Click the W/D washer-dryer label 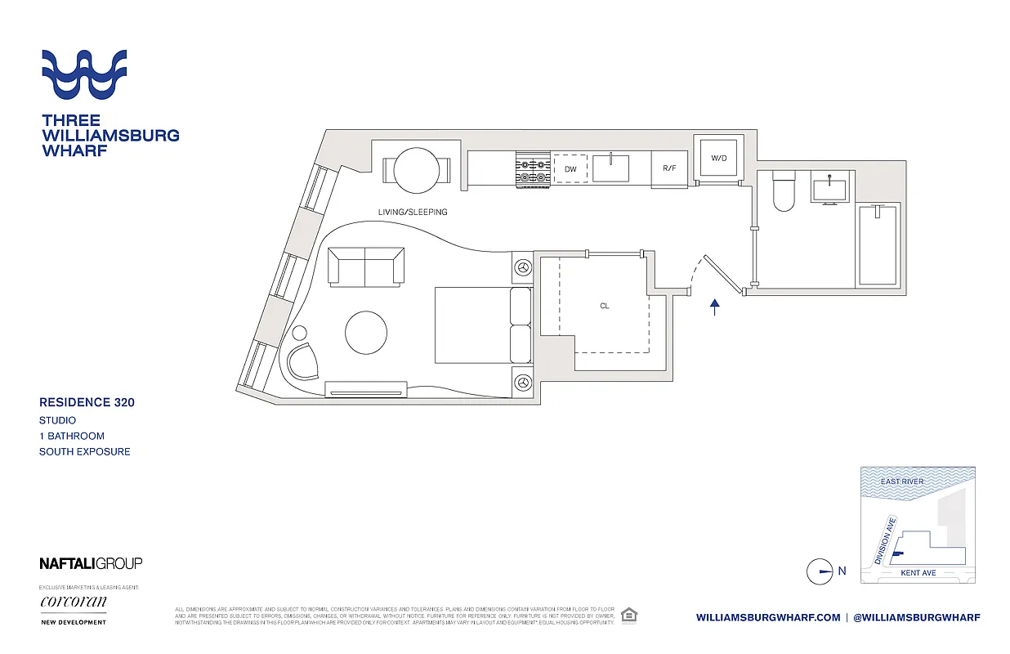(719, 158)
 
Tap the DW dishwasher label (570, 169)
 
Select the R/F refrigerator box (669, 168)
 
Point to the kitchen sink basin (610, 168)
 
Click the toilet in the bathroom (784, 190)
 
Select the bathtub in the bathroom (877, 244)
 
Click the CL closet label (605, 307)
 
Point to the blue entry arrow (715, 307)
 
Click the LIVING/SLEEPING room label (413, 213)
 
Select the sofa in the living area (365, 266)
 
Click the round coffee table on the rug (366, 333)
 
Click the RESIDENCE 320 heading (87, 402)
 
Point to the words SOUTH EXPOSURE (85, 451)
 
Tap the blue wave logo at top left (84, 75)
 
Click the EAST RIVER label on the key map (902, 482)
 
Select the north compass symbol (820, 571)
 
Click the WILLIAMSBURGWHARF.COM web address (768, 618)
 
